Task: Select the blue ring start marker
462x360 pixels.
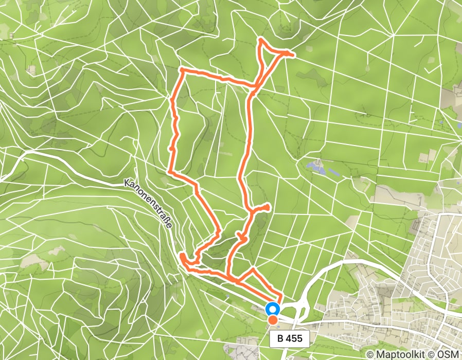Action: point(273,309)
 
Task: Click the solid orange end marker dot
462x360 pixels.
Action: point(273,320)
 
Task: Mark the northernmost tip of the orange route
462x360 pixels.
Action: point(261,40)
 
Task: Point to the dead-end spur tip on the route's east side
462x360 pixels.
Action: point(268,207)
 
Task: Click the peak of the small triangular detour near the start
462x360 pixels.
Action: point(253,268)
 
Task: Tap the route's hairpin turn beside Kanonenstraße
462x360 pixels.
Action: point(182,255)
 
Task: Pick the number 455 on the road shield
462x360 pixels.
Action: point(295,338)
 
